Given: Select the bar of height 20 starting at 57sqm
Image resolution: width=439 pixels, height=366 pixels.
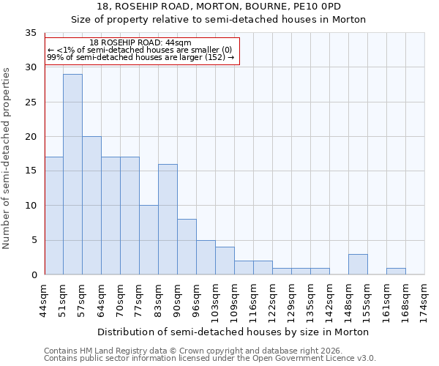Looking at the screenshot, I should tap(91, 205).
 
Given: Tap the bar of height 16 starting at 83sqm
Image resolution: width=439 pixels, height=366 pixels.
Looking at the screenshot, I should tap(168, 219).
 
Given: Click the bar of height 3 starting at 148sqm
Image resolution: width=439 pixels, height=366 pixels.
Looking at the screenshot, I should tap(358, 264).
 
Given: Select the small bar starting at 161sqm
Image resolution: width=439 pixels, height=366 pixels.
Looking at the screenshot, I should tap(396, 271).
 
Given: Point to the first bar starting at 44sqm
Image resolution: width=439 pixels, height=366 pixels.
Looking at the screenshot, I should tap(53, 215).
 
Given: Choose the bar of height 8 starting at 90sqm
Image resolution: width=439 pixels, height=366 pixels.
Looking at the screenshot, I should tap(187, 247).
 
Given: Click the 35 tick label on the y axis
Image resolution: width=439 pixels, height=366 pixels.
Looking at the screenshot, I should tap(30, 33).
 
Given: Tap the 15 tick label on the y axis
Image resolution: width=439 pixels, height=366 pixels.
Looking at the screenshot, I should tap(30, 171).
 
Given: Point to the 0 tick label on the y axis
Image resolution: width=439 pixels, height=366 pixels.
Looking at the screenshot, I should tap(33, 274).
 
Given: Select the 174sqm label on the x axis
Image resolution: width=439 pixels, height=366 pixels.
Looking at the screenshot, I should tap(425, 300).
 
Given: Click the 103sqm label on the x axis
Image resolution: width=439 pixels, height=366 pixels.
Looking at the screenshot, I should tap(216, 300).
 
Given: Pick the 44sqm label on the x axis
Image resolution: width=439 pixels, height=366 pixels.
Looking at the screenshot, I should tap(45, 300).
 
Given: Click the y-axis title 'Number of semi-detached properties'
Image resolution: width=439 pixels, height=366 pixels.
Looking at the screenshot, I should tap(7, 157).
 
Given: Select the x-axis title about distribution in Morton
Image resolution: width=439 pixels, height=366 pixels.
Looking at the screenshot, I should tap(233, 332).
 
